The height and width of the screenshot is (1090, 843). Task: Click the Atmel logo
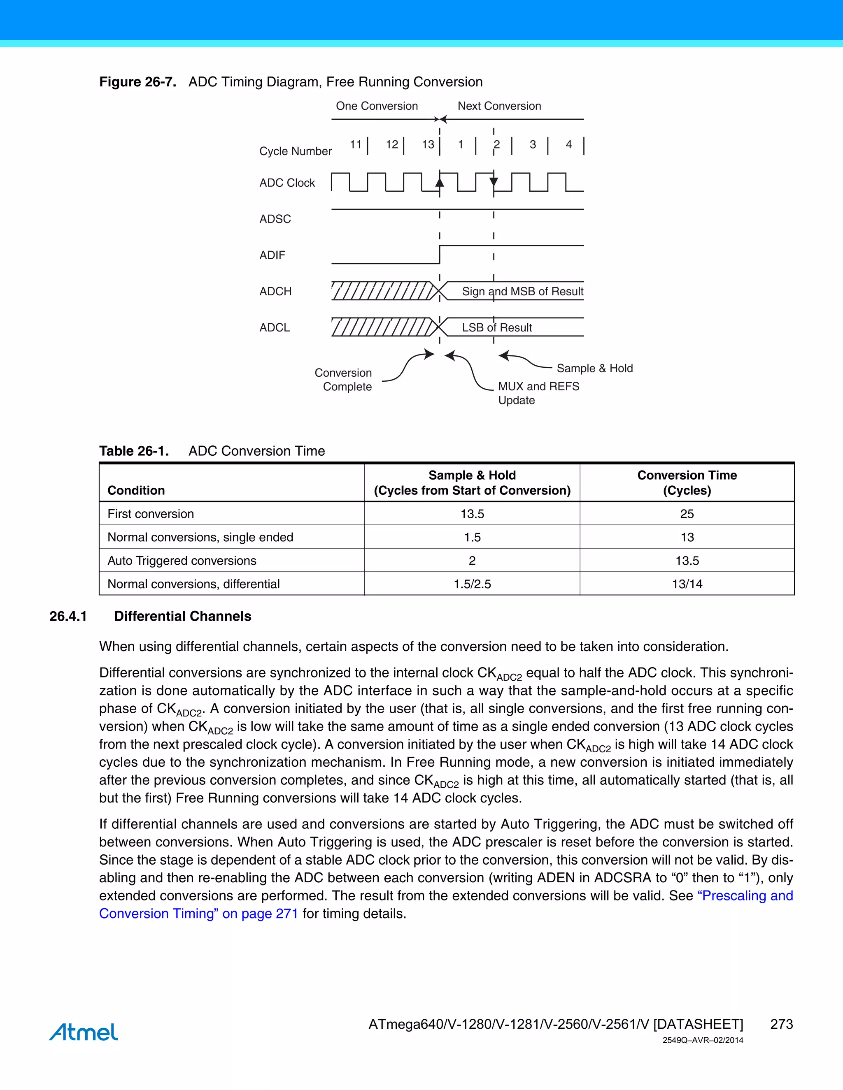84,1032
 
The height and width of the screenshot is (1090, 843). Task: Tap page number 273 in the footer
781,1024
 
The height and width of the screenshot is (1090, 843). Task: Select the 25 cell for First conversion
687,514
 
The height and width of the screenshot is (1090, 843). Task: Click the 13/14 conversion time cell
687,584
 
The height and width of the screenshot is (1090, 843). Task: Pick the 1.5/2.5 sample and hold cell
472,584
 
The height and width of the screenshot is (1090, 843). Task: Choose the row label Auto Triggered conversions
182,561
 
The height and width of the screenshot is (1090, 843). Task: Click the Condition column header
136,490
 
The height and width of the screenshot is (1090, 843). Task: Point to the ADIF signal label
272,255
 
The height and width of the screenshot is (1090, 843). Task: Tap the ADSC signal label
275,218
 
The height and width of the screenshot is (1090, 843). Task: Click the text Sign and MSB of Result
522,292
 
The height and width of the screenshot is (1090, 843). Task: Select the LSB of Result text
497,327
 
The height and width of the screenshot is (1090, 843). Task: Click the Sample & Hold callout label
594,368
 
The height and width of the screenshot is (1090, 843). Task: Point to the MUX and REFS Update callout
538,393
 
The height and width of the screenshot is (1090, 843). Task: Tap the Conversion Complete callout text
344,380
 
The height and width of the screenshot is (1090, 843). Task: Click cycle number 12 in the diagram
392,145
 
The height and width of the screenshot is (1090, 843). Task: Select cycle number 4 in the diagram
568,145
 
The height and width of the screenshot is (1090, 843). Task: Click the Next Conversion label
499,106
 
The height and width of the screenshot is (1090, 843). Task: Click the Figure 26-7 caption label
137,82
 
